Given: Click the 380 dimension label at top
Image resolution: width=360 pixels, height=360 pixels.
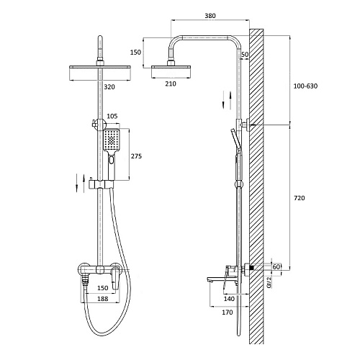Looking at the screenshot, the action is tap(210, 16).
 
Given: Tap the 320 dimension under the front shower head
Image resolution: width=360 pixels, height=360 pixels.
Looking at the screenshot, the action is tap(109, 87).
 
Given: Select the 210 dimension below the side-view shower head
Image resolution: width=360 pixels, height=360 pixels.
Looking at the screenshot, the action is tap(171, 84).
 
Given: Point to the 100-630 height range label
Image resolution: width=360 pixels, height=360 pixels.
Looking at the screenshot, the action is tap(305, 86).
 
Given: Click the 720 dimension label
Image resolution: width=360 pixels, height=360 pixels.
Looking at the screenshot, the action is tap(300, 198).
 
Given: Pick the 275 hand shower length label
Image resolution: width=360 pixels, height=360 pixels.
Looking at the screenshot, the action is tap(136, 156).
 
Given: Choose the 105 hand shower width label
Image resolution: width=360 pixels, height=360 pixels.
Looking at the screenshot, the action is tap(112, 117).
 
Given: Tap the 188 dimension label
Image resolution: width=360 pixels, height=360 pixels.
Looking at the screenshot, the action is tap(102, 299).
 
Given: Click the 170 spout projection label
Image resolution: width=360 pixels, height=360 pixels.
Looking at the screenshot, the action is tap(227, 312).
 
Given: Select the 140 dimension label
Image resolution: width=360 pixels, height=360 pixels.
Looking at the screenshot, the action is tap(229, 299).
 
